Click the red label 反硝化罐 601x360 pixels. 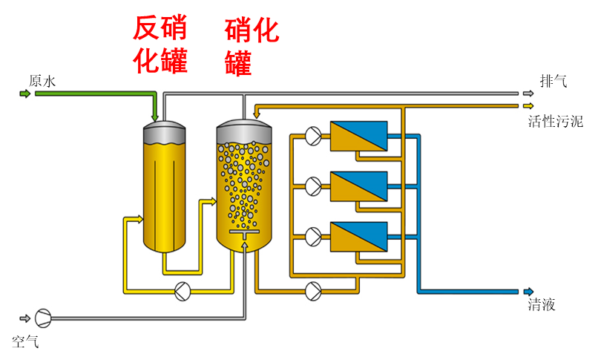(160, 45)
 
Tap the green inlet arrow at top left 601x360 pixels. (25, 94)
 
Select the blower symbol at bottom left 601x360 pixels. (43, 318)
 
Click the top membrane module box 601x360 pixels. (358, 136)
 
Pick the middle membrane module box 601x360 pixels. (358, 186)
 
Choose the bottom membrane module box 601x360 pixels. (358, 237)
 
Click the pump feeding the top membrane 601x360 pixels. (313, 136)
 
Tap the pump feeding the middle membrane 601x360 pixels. (313, 186)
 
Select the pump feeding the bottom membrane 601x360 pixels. (313, 237)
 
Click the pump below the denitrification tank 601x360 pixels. (183, 291)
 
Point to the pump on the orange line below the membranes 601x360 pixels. (313, 291)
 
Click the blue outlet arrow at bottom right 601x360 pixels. (528, 291)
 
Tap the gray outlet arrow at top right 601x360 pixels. (528, 94)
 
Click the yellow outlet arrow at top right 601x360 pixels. (528, 105)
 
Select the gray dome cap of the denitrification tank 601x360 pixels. (164, 130)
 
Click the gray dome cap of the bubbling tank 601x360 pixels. (244, 129)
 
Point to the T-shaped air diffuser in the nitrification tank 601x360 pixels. (243, 237)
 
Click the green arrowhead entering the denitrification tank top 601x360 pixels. (155, 117)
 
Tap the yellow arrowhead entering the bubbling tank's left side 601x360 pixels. (212, 200)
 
